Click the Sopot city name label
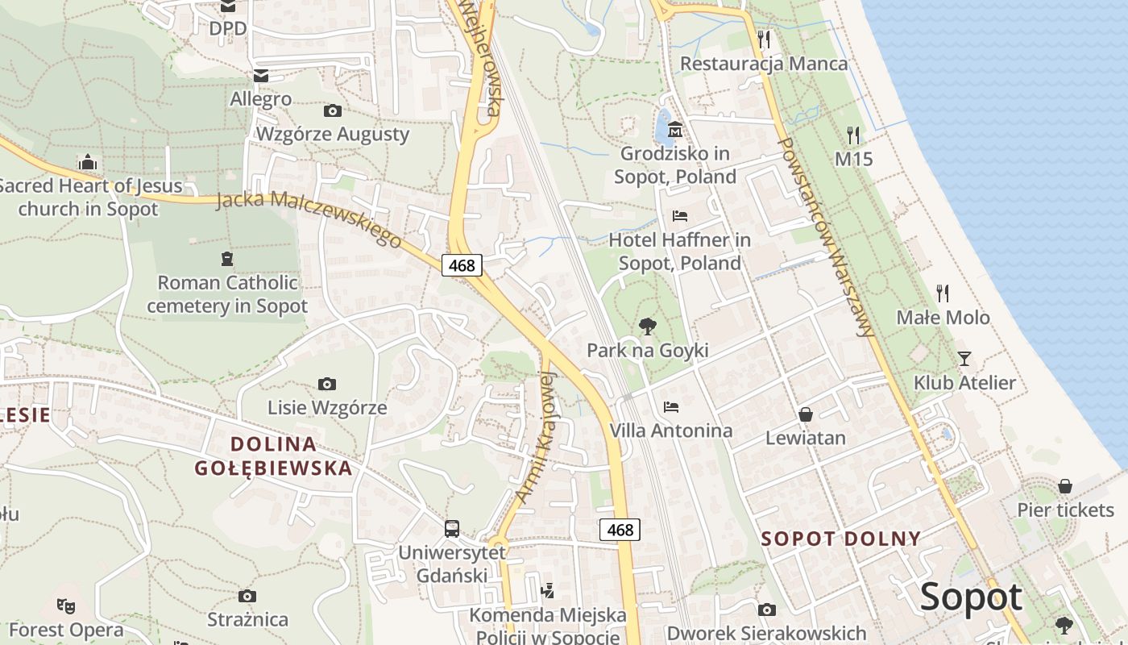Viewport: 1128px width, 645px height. point(971,597)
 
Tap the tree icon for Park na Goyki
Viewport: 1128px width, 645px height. point(647,326)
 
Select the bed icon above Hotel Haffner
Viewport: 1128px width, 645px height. point(680,216)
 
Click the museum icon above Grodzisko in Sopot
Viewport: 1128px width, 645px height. point(675,129)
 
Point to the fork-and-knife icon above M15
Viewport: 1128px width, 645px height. point(853,135)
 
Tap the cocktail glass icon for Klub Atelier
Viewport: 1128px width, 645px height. point(964,358)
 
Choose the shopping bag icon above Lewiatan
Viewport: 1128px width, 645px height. point(805,414)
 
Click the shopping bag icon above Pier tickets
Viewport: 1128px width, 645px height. point(1065,486)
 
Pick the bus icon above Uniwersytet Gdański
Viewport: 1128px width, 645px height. point(452,529)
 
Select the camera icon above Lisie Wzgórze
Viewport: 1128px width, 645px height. point(327,384)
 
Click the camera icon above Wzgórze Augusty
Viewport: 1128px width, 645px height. point(332,110)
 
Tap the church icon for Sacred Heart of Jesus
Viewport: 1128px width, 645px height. point(89,163)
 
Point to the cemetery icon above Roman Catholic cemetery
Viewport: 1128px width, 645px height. point(227,259)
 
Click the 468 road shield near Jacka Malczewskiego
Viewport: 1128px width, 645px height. point(462,264)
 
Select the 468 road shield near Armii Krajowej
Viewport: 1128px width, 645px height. point(620,530)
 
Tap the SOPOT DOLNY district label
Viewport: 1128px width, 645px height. point(841,539)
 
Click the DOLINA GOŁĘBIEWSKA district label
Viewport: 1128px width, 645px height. point(274,456)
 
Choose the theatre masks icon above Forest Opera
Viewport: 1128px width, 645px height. point(66,605)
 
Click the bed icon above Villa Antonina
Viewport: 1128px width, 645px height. point(671,406)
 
